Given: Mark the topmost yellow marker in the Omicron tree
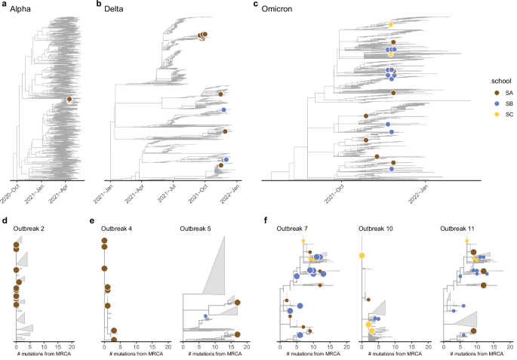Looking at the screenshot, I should [x=390, y=25].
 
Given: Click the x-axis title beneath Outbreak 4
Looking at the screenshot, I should [x=134, y=354].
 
